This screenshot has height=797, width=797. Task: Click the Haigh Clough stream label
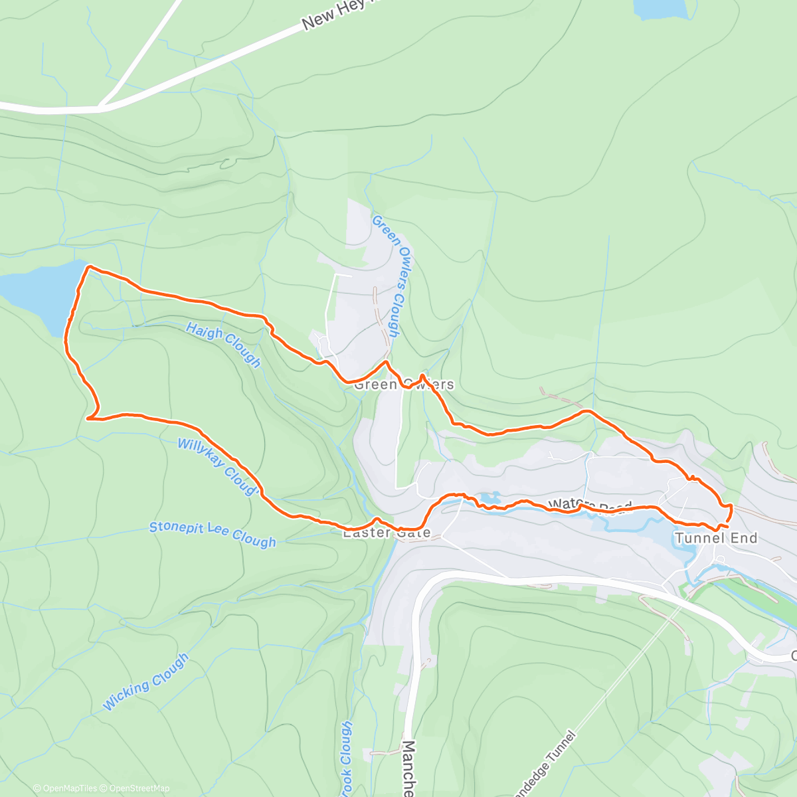223,345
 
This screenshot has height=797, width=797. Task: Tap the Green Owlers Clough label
386,275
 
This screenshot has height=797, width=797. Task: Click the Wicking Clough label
146,681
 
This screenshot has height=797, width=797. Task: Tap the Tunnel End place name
716,538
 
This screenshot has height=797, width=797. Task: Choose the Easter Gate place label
386,533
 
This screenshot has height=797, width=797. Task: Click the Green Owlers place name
404,385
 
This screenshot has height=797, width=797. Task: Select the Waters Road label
589,506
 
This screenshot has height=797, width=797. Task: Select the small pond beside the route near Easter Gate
490,498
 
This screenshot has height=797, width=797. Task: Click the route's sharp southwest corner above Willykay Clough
89,418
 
